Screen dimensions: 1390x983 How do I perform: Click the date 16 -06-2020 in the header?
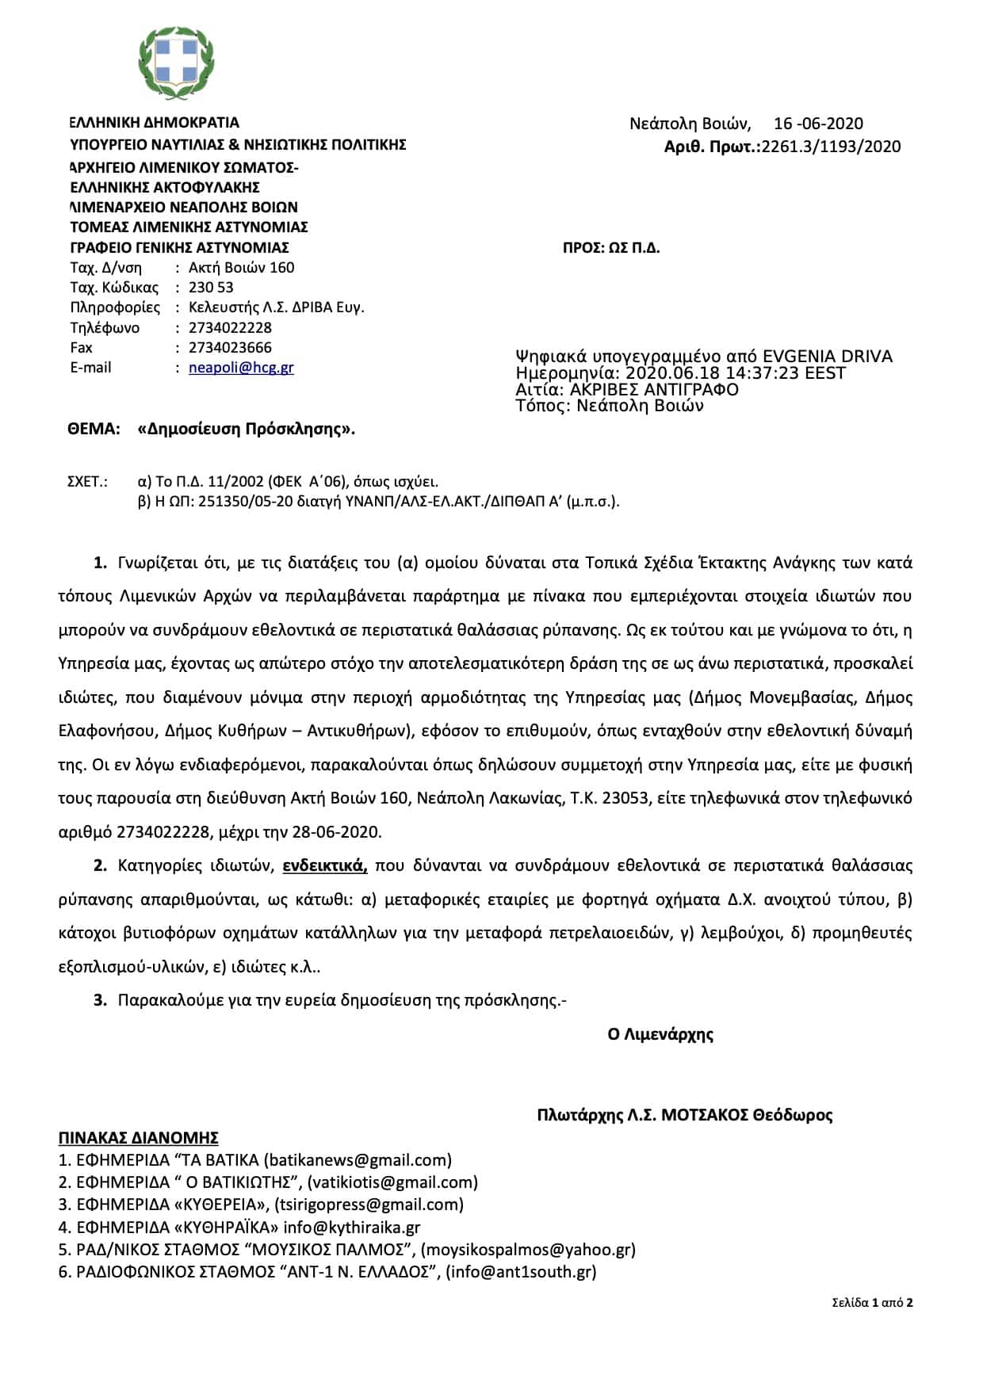pos(818,124)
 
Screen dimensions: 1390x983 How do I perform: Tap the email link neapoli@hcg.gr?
pos(241,368)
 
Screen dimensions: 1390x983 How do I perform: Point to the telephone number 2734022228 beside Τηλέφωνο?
pos(230,328)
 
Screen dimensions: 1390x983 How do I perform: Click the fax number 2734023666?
pos(230,348)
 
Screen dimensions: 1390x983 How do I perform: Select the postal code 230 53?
pos(211,288)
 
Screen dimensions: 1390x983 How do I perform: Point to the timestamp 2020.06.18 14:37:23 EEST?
pos(736,373)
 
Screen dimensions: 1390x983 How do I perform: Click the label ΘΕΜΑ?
pos(94,430)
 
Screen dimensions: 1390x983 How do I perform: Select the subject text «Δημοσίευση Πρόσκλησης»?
pos(246,430)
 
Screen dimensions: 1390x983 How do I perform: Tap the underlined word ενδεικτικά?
pos(325,865)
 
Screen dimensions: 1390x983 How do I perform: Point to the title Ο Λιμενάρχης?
pos(660,1034)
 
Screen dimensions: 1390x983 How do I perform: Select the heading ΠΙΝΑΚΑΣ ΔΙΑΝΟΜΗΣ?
pos(139,1138)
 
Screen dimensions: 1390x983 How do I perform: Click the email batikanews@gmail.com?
pos(357,1160)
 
